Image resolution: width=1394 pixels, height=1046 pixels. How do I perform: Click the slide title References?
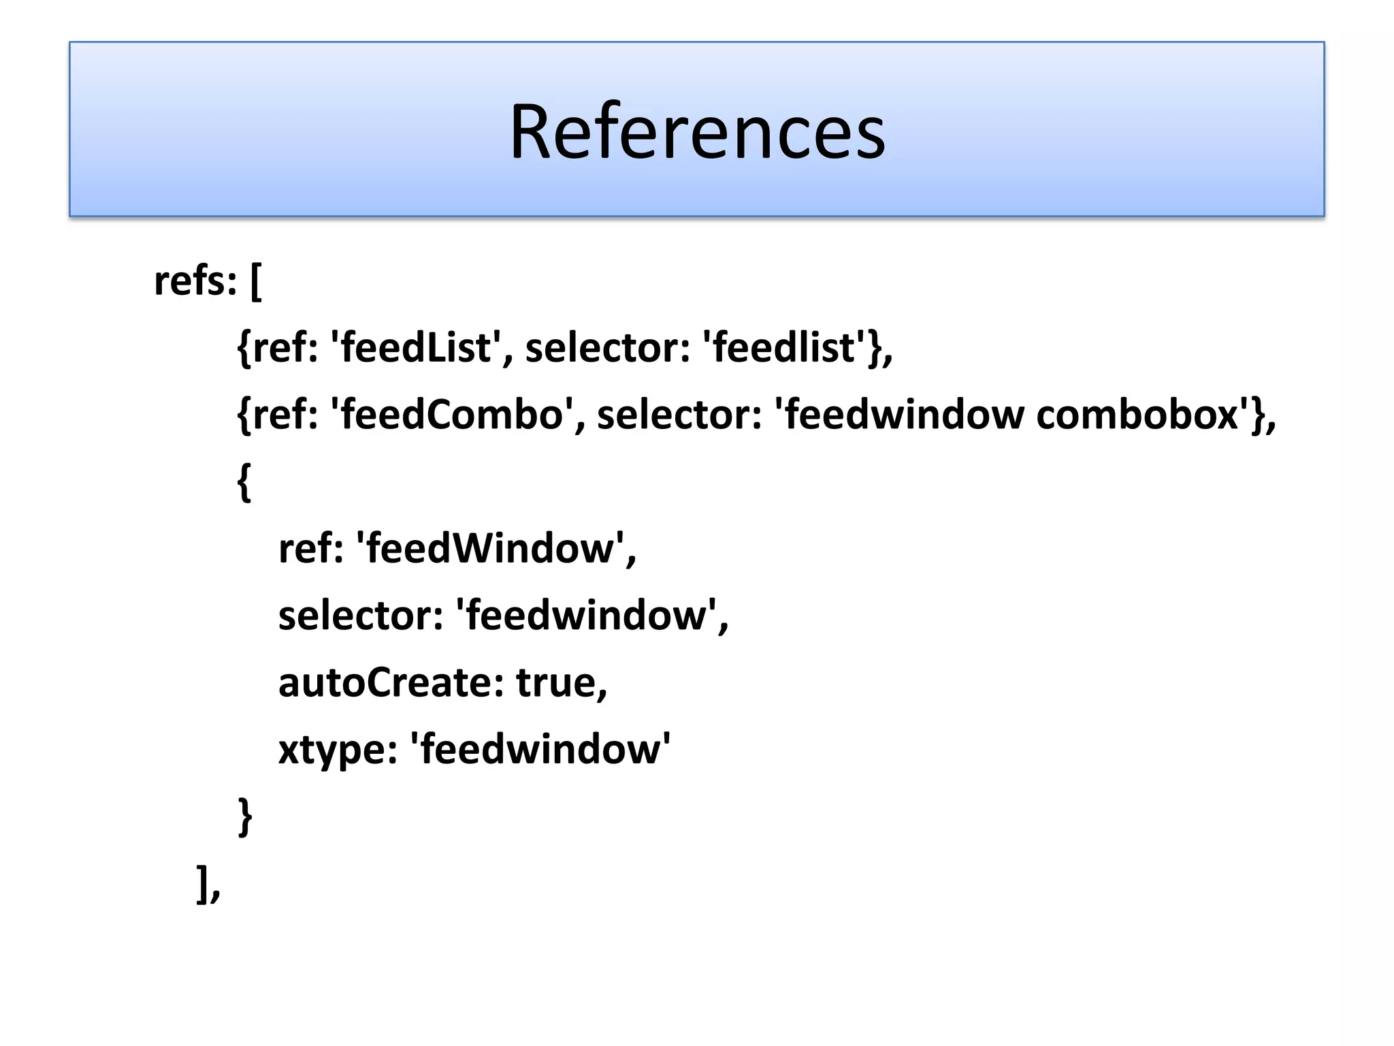click(x=697, y=131)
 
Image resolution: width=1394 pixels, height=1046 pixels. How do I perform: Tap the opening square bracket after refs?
click(x=256, y=282)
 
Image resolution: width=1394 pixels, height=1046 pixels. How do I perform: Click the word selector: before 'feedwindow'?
click(x=361, y=615)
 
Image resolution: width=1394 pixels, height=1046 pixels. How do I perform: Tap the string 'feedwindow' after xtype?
click(x=540, y=748)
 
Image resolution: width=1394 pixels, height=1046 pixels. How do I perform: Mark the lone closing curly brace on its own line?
click(x=245, y=817)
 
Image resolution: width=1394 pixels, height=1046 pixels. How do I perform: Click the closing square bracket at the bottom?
click(x=202, y=884)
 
